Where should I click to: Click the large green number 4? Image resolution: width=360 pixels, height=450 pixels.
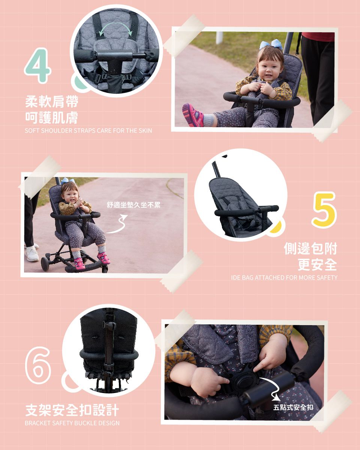[x=37, y=66]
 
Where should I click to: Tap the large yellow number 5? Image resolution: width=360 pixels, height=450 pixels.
[x=325, y=210]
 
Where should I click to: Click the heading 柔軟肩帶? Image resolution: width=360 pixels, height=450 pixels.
[x=52, y=101]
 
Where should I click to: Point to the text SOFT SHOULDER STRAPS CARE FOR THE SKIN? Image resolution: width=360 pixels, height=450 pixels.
[x=88, y=130]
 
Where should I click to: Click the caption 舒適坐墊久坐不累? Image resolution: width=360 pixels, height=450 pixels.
[x=133, y=205]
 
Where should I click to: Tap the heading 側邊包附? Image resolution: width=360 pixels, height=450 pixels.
[x=310, y=248]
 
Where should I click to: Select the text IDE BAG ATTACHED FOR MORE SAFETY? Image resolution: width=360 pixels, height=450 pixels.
[x=284, y=277]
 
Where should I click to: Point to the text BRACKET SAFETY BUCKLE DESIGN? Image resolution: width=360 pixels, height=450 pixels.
[x=72, y=423]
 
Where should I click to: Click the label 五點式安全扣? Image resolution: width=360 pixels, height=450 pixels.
[x=293, y=407]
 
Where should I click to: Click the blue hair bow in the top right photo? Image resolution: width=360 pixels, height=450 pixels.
[x=271, y=45]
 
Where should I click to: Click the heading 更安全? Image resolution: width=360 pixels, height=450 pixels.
[x=317, y=265]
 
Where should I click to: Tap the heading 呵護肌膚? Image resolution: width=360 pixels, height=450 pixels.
[x=52, y=118]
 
